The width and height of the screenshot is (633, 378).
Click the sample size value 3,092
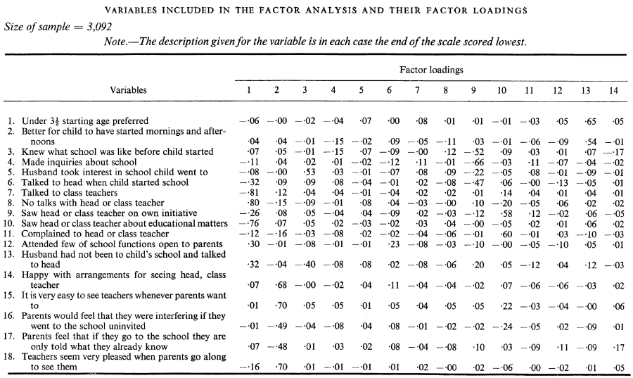click(99, 27)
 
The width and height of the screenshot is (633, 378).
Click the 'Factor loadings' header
click(431, 70)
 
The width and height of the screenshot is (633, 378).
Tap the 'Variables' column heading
click(129, 90)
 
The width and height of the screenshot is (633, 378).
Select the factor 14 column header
click(613, 91)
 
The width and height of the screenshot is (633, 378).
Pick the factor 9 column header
click(473, 91)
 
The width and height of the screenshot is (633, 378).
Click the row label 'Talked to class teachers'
click(70, 193)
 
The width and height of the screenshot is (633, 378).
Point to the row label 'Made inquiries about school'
click(79, 163)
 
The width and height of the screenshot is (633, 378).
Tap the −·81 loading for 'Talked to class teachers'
click(250, 193)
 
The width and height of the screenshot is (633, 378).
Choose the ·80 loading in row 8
click(253, 203)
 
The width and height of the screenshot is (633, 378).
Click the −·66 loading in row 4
click(474, 163)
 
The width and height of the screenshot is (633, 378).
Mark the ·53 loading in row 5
click(309, 172)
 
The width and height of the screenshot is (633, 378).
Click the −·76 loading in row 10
click(250, 224)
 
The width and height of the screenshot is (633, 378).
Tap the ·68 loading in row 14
click(281, 285)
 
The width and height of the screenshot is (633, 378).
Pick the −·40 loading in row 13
click(306, 265)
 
